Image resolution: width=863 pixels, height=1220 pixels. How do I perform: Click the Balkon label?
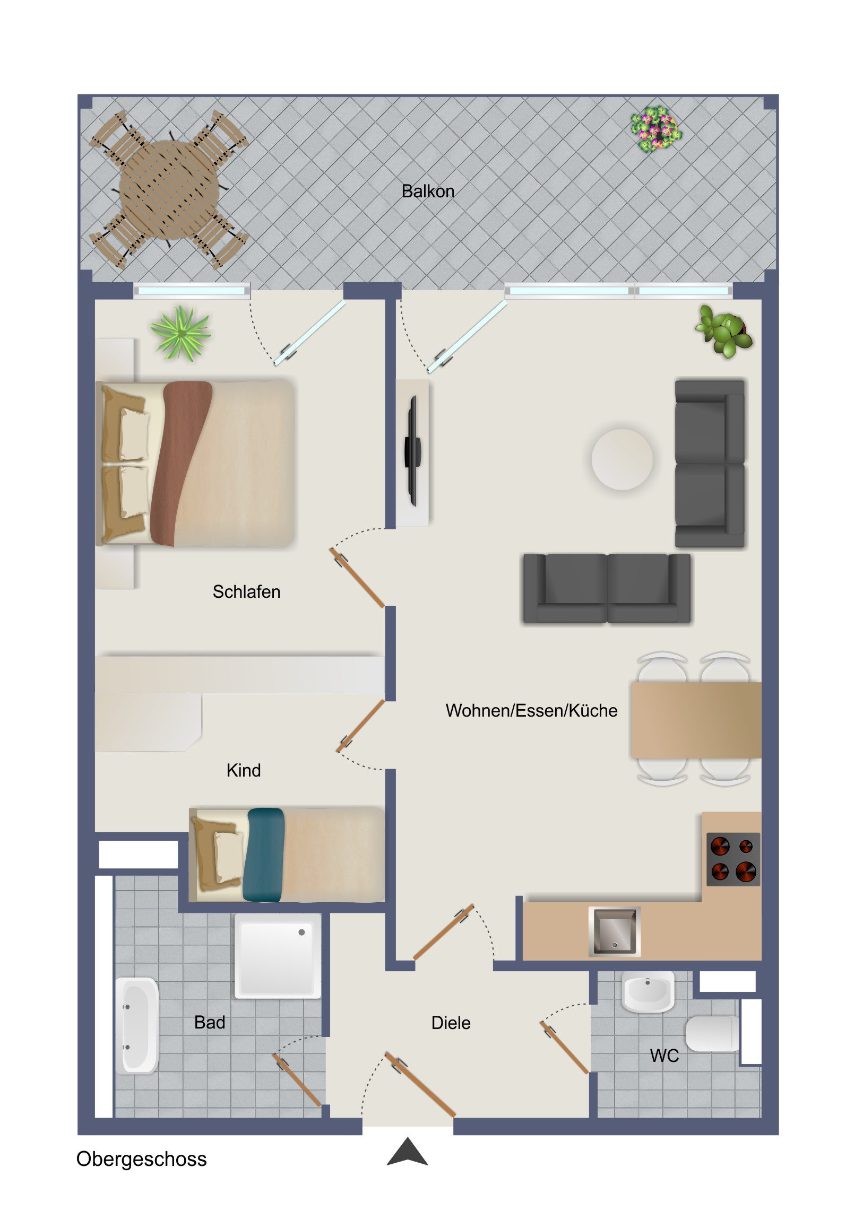pyautogui.click(x=427, y=191)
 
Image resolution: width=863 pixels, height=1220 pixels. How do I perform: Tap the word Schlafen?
pyautogui.click(x=246, y=591)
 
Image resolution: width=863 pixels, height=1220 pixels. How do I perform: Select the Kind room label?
pyautogui.click(x=244, y=770)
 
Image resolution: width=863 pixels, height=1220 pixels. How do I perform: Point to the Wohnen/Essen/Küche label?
pyautogui.click(x=531, y=710)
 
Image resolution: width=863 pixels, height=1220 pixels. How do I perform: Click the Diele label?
pyautogui.click(x=451, y=1023)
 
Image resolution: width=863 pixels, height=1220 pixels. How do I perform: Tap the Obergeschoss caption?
pyautogui.click(x=141, y=1159)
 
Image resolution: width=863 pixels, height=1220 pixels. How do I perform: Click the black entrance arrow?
pyautogui.click(x=407, y=1152)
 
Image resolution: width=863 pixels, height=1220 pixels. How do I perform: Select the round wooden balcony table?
pyautogui.click(x=169, y=189)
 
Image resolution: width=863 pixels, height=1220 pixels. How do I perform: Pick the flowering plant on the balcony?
pyautogui.click(x=655, y=129)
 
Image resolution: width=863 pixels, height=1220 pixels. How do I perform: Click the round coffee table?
pyautogui.click(x=622, y=459)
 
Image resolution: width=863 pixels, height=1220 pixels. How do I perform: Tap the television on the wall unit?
pyautogui.click(x=412, y=450)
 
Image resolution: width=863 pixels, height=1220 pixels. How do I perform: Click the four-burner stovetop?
pyautogui.click(x=733, y=859)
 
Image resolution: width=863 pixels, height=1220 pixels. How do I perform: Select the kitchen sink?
pyautogui.click(x=614, y=931)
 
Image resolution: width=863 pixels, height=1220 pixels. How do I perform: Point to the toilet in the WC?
pyautogui.click(x=712, y=1033)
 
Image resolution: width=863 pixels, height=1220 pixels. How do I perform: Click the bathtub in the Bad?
pyautogui.click(x=136, y=1025)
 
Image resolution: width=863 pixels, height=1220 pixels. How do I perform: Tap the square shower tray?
pyautogui.click(x=278, y=955)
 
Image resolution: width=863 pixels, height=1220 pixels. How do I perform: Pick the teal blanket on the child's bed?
pyautogui.click(x=264, y=855)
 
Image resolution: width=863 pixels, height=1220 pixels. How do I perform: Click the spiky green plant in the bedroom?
pyautogui.click(x=181, y=333)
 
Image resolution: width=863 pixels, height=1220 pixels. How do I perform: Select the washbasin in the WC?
pyautogui.click(x=648, y=991)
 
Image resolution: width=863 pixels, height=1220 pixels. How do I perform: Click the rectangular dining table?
pyautogui.click(x=696, y=720)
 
